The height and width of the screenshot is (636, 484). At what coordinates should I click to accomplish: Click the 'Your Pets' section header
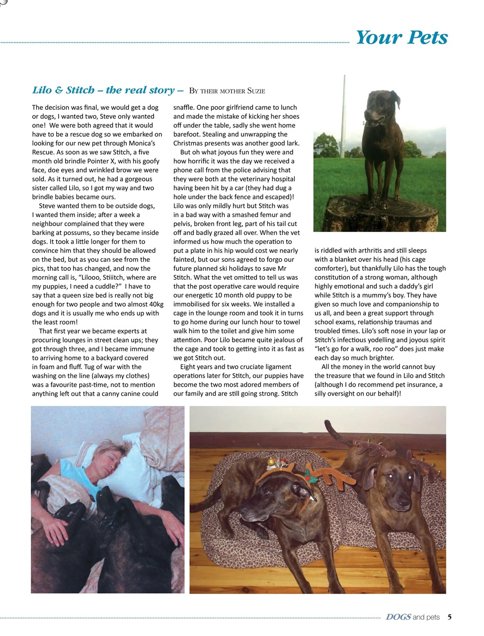(x=402, y=37)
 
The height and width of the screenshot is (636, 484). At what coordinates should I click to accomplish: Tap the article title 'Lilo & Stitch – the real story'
(x=103, y=90)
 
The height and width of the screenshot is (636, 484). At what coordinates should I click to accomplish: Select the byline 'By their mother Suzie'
(x=227, y=91)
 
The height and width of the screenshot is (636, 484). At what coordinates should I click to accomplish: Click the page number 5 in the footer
(x=449, y=617)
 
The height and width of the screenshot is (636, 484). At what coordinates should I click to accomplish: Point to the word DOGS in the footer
(x=398, y=617)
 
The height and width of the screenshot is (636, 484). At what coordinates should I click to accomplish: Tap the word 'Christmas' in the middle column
(x=189, y=143)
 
